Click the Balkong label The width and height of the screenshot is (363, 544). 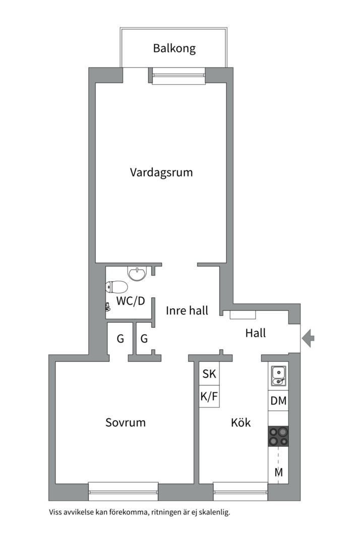click(174, 49)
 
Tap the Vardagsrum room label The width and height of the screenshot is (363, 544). click(161, 172)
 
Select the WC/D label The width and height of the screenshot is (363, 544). click(131, 301)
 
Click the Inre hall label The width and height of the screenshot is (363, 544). click(187, 311)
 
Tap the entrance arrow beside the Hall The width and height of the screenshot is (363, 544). click(308, 338)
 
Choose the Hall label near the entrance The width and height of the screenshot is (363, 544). click(256, 333)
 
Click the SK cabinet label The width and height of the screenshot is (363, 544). click(209, 374)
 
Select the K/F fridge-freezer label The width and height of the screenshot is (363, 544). click(209, 397)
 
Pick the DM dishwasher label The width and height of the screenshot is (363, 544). click(278, 401)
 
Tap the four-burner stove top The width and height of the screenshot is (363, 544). click(278, 436)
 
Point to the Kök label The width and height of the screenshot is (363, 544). click(241, 423)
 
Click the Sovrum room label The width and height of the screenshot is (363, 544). click(126, 422)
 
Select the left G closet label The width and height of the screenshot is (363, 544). click(120, 338)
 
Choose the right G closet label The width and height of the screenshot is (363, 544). click(144, 338)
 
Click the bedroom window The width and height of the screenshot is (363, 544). click(124, 488)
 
